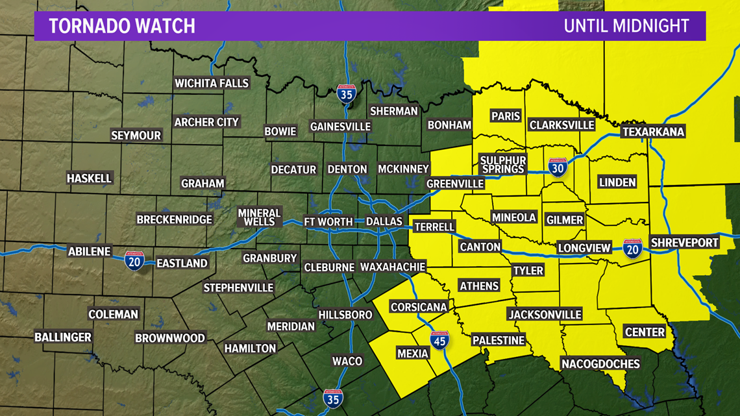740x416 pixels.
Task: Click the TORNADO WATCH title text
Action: point(122,26)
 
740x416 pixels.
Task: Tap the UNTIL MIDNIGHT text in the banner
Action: point(626,26)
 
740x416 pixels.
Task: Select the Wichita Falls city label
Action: point(212,83)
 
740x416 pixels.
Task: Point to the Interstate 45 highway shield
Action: point(439,339)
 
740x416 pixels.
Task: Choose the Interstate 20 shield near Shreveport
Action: point(632,248)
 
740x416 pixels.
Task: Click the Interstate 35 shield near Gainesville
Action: point(346,94)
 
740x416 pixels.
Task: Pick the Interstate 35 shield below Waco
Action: point(334,398)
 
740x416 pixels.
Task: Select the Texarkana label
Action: point(653,132)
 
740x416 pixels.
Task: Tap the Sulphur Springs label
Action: point(503,164)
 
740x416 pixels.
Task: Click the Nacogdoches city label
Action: point(600,363)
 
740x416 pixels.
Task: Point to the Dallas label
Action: point(384,221)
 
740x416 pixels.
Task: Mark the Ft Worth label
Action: point(328,221)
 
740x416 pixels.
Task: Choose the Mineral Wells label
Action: point(259,217)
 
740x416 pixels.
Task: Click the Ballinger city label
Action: point(63,337)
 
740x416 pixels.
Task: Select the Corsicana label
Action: point(419,307)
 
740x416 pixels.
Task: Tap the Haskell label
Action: point(90,178)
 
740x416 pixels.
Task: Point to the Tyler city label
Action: point(528,270)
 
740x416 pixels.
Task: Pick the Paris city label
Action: point(506,116)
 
